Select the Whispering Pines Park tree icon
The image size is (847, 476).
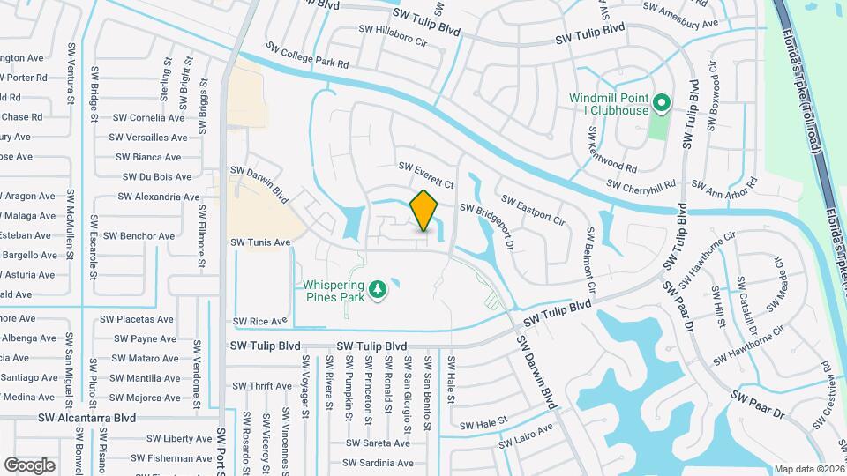(x=379, y=289)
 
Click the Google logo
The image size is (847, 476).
(x=30, y=465)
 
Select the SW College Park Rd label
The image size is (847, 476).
(x=308, y=56)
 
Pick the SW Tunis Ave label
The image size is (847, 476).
(x=261, y=242)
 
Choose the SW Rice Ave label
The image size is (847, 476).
(x=260, y=322)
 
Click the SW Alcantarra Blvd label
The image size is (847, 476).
(x=87, y=418)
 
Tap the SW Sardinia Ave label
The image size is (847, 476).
(x=377, y=464)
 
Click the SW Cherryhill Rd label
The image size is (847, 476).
(x=641, y=183)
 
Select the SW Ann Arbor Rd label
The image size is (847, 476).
(x=724, y=184)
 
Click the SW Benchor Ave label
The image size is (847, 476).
(x=139, y=236)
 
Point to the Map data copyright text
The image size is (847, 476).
(x=808, y=469)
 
